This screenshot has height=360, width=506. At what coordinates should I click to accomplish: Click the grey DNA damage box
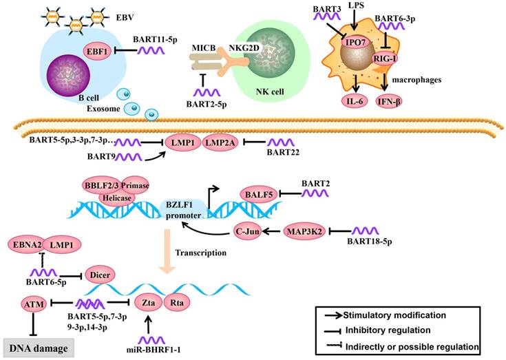(x=39, y=348)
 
